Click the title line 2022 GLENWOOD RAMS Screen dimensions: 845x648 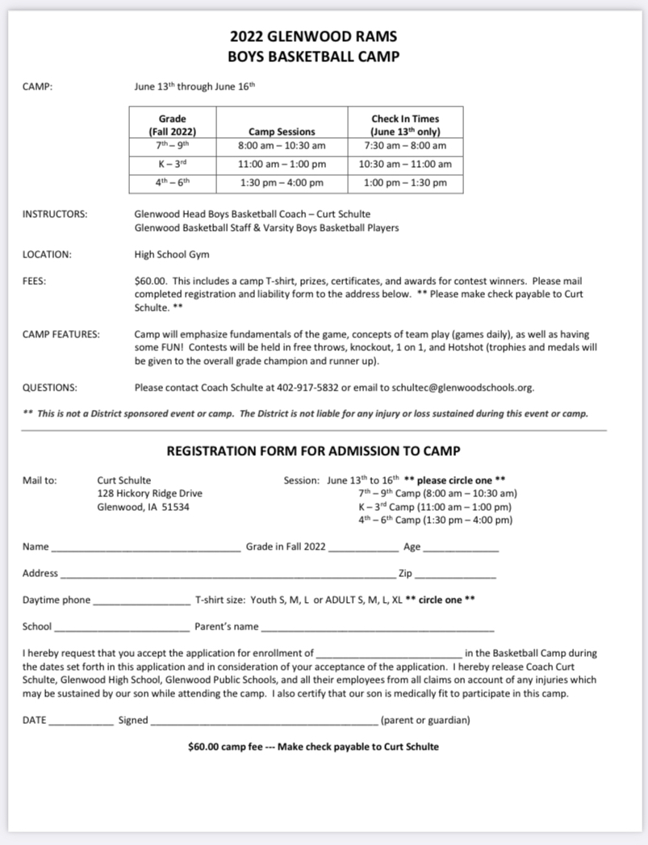[313, 36]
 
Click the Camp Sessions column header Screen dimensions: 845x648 [282, 132]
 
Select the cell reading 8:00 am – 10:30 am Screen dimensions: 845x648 [282, 146]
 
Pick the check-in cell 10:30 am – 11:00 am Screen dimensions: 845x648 [405, 165]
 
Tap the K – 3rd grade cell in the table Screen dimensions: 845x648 [173, 165]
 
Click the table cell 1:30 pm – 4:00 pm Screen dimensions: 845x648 [282, 183]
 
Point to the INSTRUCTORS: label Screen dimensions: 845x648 [55, 215]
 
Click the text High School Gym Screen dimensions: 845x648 [172, 254]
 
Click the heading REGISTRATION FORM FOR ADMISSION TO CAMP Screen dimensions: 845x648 [313, 450]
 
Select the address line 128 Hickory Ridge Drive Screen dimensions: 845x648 [149, 493]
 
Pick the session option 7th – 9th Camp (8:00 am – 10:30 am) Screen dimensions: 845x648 [437, 493]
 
